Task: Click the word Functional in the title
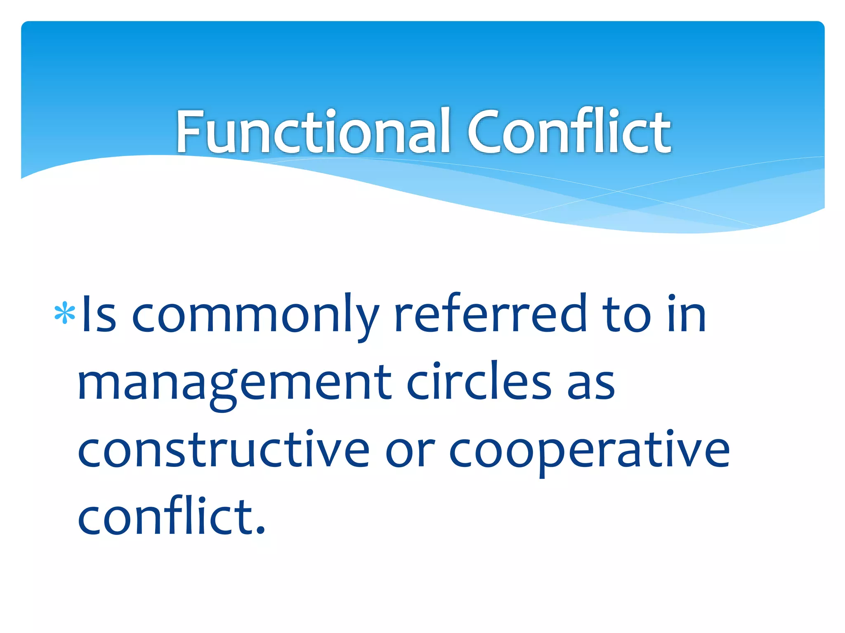tap(312, 132)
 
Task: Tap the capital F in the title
tap(190, 132)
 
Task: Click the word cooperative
tap(589, 451)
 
